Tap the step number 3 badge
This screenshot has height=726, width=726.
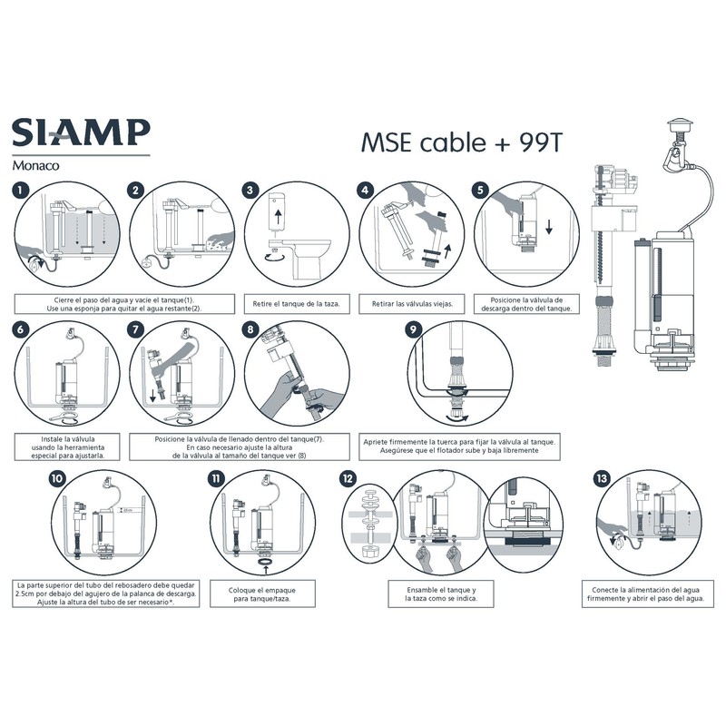click(251, 191)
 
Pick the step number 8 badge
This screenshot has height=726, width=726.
click(251, 332)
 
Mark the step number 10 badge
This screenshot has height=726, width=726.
click(59, 478)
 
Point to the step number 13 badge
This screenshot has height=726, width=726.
click(601, 478)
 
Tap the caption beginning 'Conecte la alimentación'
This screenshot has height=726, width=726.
click(645, 594)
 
